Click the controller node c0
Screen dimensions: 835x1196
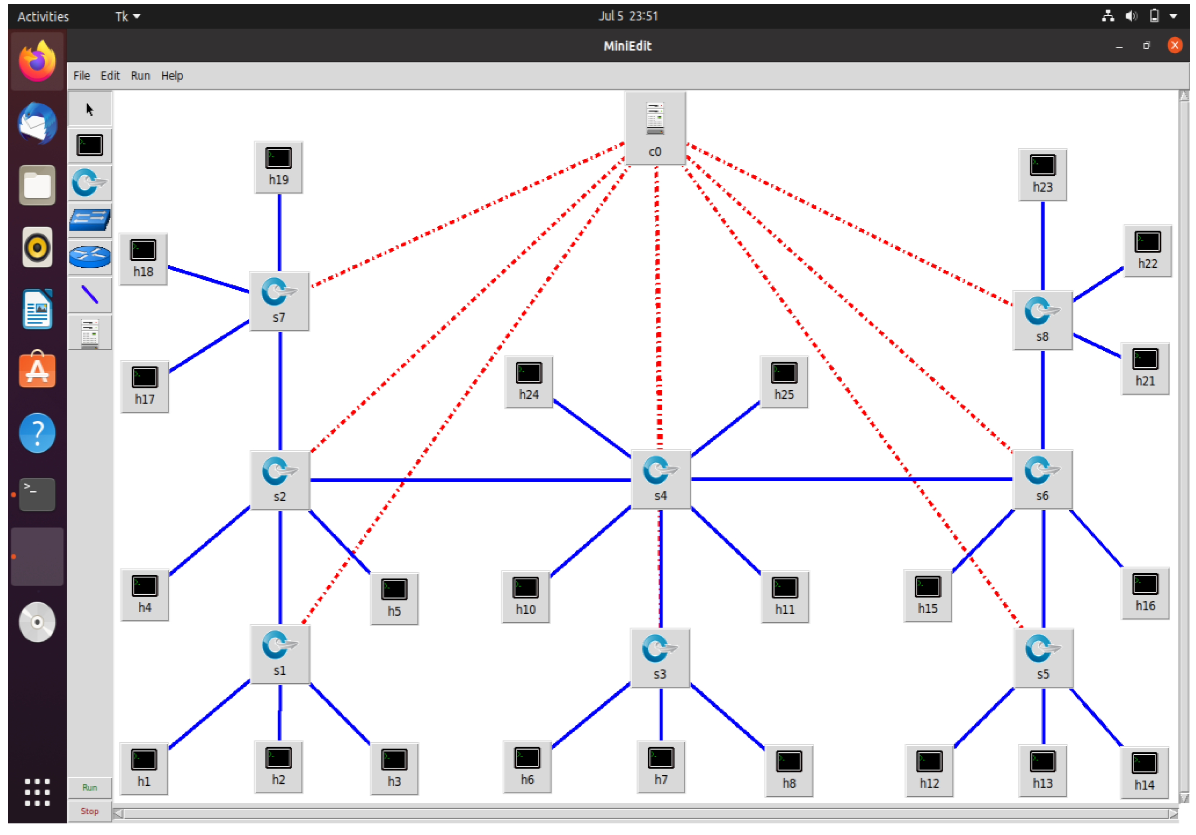[x=655, y=127]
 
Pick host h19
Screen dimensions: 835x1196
[x=278, y=166]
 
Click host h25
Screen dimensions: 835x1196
[x=784, y=381]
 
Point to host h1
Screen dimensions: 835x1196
[x=144, y=767]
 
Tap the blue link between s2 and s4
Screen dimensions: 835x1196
[x=469, y=479]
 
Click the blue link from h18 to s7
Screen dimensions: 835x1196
[x=208, y=280]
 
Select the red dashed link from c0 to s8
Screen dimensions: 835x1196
[x=849, y=224]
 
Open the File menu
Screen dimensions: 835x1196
[x=81, y=75]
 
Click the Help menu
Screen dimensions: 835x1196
[x=172, y=75]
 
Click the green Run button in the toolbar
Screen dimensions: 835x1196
[x=90, y=787]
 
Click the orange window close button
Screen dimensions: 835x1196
[x=1174, y=45]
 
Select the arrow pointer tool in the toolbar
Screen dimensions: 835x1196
[x=90, y=109]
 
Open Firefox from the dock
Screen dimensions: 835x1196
[x=37, y=61]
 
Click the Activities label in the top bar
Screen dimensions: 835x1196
[x=43, y=17]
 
